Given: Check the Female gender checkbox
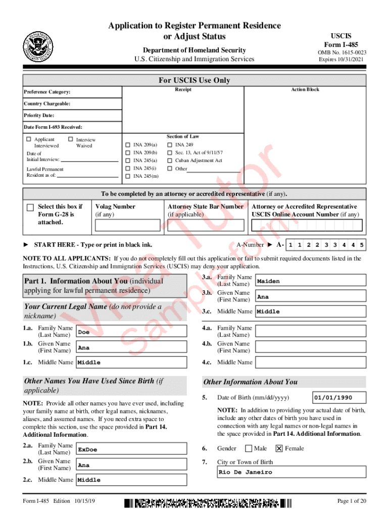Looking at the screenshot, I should [x=279, y=448].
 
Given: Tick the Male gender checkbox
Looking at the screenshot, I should [x=249, y=448].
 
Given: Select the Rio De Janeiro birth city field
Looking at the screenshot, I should [x=291, y=472].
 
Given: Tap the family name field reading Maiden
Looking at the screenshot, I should [x=311, y=281].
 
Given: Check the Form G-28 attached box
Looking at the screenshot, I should [x=30, y=208].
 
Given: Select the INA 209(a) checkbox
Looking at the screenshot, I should [x=127, y=145].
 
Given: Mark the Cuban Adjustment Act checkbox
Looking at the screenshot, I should [x=170, y=161].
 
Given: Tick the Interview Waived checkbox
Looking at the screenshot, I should [x=71, y=139].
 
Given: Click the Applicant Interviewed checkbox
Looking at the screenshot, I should [x=29, y=139].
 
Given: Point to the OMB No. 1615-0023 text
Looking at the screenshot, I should [x=342, y=53].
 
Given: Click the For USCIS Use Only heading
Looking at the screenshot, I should [x=194, y=80].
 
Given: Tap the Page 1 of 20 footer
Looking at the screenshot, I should [x=352, y=501].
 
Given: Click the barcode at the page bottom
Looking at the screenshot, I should [x=208, y=503].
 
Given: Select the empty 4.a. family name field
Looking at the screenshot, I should [x=311, y=331].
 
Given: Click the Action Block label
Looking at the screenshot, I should [x=305, y=90].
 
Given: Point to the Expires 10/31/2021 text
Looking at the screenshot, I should [x=342, y=60].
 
